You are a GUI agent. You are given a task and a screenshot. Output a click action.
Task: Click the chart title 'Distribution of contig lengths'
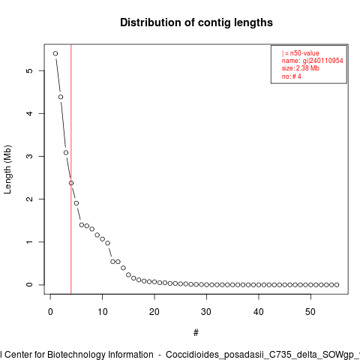point(196,22)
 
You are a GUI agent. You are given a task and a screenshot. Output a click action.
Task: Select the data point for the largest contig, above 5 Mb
point(55,53)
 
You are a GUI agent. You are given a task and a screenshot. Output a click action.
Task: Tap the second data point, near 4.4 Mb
point(61,97)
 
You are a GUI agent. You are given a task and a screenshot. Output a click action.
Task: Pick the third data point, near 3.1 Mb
point(66,152)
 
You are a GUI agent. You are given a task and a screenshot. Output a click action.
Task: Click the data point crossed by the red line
point(71,183)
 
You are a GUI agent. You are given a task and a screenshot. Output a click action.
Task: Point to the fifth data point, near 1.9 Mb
point(76,203)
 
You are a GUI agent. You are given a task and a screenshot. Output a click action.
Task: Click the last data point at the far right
point(337,285)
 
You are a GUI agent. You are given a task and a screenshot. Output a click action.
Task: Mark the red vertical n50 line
point(71,169)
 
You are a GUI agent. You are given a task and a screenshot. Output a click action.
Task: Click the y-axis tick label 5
point(29,70)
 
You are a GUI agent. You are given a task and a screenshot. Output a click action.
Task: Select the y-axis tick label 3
point(29,156)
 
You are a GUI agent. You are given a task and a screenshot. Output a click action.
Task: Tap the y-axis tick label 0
point(29,285)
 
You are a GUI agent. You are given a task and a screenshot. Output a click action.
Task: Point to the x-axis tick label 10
point(103,312)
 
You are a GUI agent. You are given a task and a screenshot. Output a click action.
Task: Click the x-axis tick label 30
point(206,312)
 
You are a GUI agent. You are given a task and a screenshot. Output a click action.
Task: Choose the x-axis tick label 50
point(310,312)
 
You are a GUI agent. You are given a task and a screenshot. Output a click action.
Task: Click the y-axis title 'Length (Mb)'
point(7,169)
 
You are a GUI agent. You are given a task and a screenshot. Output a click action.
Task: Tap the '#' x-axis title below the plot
point(196,333)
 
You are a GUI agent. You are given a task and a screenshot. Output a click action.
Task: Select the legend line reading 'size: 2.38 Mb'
point(301,68)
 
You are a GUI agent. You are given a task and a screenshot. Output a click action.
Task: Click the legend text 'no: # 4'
point(292,76)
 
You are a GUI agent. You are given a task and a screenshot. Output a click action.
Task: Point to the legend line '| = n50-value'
point(301,53)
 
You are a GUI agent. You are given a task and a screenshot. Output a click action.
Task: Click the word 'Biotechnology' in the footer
point(100,355)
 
